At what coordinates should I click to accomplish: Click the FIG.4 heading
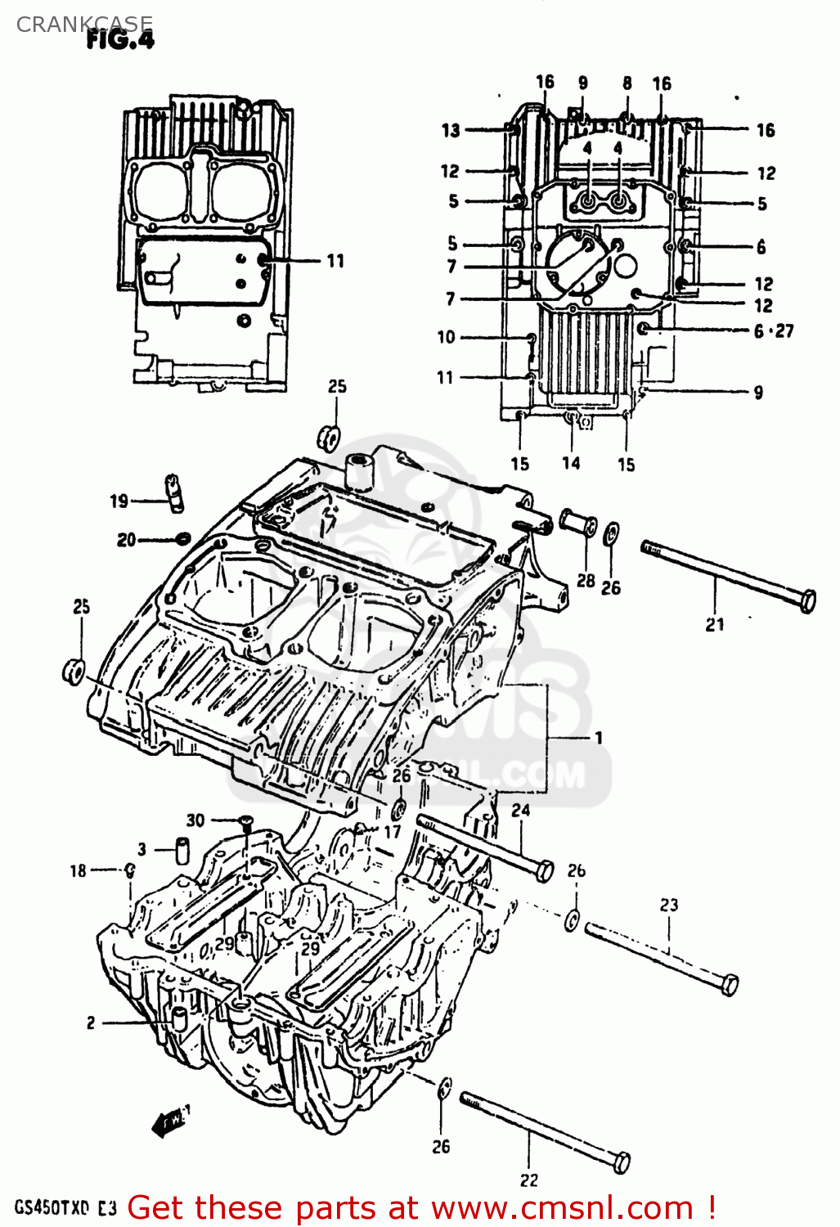tap(120, 40)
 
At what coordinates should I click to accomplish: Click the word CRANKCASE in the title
tap(84, 25)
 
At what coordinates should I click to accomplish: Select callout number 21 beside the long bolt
tap(715, 624)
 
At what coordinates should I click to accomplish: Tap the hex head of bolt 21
tap(806, 601)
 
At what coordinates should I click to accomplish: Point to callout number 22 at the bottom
tap(529, 1180)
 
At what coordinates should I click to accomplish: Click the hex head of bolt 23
tap(729, 985)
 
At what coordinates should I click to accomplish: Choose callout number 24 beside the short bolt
tap(521, 810)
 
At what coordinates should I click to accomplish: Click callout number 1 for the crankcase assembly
tap(599, 738)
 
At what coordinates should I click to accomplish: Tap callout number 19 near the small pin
tap(119, 501)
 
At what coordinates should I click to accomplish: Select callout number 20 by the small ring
tap(126, 540)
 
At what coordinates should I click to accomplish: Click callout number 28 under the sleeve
tap(586, 580)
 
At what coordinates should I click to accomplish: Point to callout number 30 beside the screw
tap(195, 820)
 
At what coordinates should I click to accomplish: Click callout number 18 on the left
tap(78, 870)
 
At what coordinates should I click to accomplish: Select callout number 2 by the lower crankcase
tap(91, 1022)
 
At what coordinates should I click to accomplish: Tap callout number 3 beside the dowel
tap(141, 849)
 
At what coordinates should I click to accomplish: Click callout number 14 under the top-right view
tap(571, 463)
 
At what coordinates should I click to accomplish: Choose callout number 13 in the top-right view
tap(451, 130)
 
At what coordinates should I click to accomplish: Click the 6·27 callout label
tap(773, 330)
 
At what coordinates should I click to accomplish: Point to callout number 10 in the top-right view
tap(446, 337)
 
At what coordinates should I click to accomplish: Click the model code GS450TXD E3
tap(65, 1208)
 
